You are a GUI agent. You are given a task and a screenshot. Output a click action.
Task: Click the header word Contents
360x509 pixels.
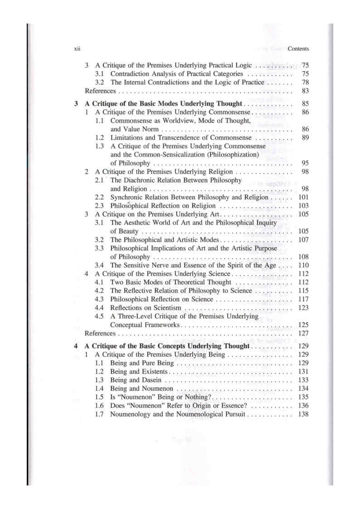[298, 49]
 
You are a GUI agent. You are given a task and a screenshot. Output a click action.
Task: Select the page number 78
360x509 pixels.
[305, 82]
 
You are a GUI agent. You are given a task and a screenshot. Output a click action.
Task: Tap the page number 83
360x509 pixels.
[305, 91]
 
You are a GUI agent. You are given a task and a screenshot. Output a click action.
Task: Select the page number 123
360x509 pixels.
[303, 308]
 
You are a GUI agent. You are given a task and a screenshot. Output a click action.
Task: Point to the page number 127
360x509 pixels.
[303, 334]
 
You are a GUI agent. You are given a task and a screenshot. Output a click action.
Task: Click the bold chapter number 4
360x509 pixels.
[76, 346]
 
